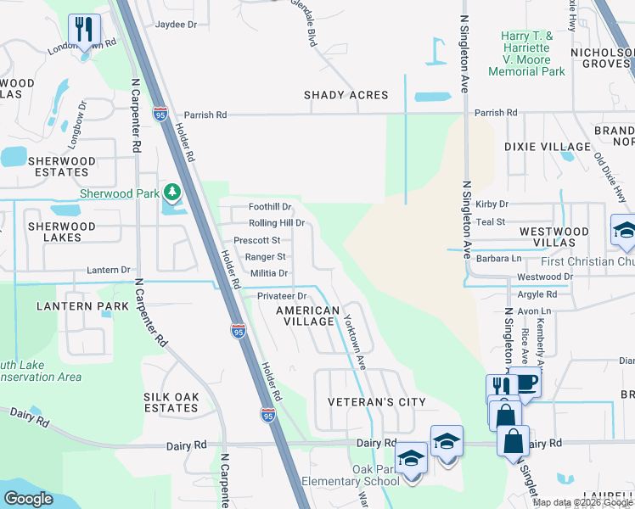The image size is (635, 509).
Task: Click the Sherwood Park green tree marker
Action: [173, 193]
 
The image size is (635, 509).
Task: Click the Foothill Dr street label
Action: [270, 207]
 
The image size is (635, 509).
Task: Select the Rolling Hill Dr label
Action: [276, 223]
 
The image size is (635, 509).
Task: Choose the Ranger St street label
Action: [265, 257]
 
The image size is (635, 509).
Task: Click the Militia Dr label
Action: [269, 273]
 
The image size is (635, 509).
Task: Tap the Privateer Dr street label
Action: [281, 296]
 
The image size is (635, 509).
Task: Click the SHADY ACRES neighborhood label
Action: [346, 96]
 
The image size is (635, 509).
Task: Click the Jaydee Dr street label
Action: [176, 25]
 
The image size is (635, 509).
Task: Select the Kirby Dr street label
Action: [492, 204]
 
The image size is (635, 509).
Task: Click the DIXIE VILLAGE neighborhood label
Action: [547, 147]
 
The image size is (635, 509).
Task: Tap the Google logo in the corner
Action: [27, 499]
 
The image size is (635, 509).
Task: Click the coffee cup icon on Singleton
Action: [525, 382]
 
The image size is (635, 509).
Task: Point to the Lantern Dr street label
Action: [108, 271]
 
